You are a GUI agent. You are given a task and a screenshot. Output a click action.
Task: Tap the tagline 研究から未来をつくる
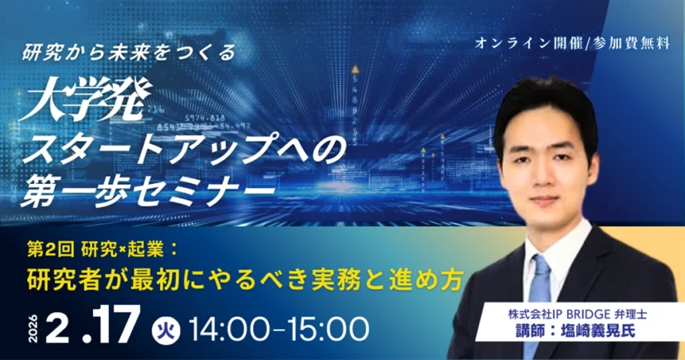coord(130,53)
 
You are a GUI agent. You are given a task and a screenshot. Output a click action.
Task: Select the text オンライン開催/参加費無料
coord(573,43)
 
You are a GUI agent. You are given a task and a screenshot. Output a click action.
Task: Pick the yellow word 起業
coord(149,250)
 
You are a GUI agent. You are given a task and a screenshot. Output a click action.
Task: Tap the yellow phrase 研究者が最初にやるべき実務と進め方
coord(245,280)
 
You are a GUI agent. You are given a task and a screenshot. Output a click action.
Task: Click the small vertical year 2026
coord(33,328)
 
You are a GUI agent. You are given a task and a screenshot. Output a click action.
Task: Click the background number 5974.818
coord(205,118)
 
